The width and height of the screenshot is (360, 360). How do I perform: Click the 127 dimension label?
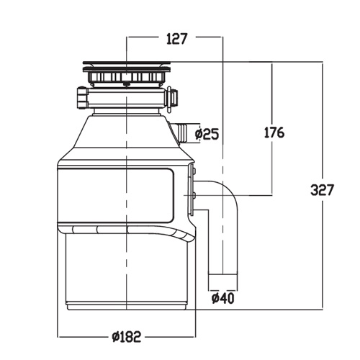coord(176,39)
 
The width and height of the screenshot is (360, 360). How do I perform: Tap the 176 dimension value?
coord(274,132)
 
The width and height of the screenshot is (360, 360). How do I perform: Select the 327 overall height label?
coord(322,190)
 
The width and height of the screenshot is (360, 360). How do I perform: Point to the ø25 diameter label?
coord(207,134)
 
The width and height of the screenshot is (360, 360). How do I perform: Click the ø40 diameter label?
coord(222,298)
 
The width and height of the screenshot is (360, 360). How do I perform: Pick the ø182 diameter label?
coord(126,337)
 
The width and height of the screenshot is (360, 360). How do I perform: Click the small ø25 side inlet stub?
coord(181,132)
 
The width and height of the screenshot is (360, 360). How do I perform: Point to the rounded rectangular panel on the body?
coord(116,195)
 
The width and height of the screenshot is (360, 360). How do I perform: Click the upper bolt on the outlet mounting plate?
coord(194,171)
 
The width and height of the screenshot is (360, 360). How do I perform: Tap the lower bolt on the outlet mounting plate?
coord(194,195)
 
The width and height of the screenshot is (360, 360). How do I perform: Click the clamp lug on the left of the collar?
coord(83,98)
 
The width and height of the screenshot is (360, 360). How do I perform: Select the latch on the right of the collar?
coord(173,99)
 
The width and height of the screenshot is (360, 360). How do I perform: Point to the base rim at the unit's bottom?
coord(127,307)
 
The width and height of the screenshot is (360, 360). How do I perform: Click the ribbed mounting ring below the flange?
coord(127,77)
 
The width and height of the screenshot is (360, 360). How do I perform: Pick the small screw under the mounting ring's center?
coord(126,84)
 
